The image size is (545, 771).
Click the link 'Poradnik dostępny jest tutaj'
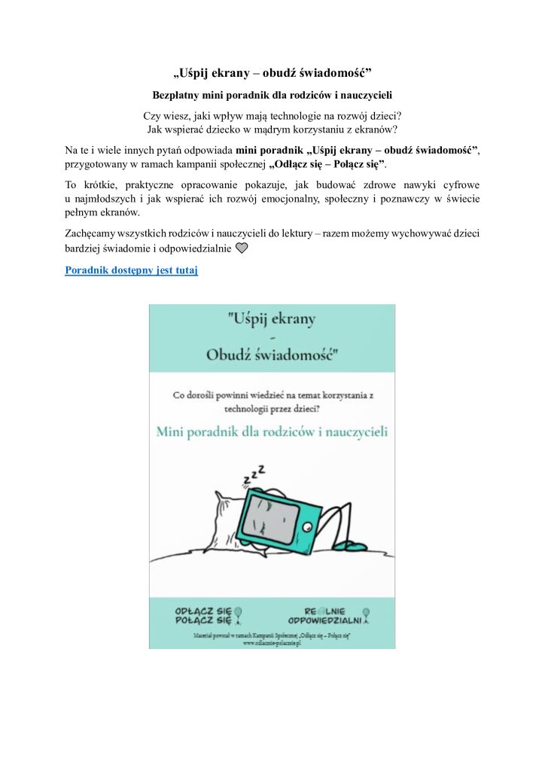pyautogui.click(x=131, y=270)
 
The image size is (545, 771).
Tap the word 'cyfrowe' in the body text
pyautogui.click(x=459, y=184)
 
